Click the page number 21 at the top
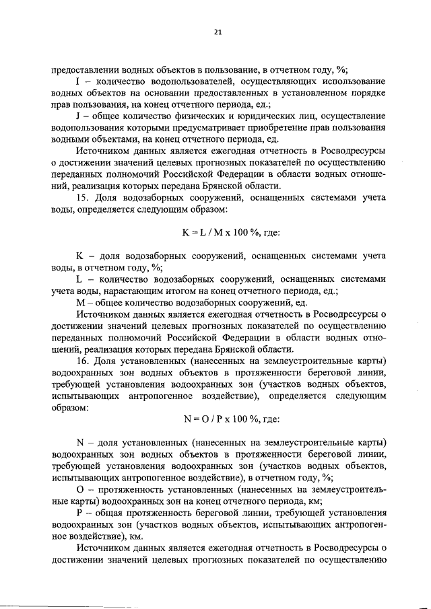tap(218, 32)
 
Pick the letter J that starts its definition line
tap(78, 117)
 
